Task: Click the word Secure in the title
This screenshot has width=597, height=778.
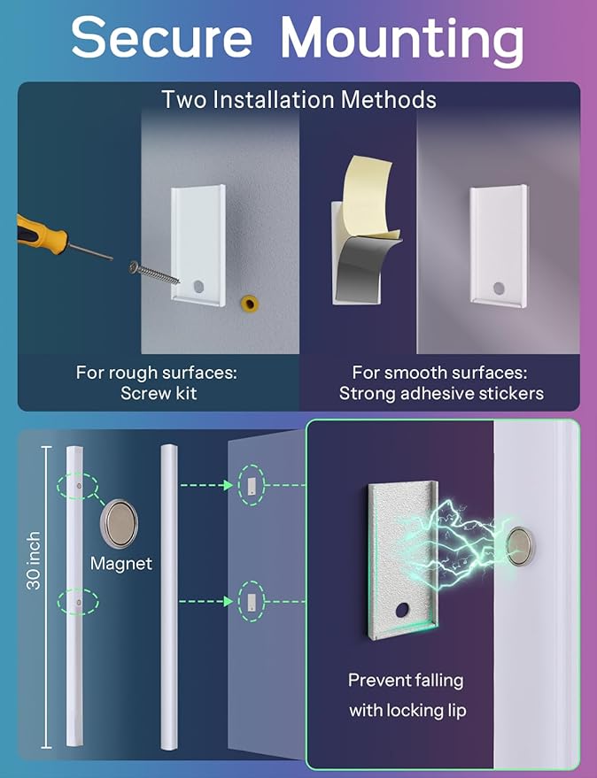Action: (162, 38)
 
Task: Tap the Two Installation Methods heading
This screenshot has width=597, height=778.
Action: (299, 99)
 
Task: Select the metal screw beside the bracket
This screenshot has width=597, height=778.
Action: (154, 273)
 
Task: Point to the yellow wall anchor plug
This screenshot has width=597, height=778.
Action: (250, 303)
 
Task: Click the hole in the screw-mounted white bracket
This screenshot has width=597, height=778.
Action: (198, 286)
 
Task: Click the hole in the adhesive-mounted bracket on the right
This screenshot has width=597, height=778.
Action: (499, 289)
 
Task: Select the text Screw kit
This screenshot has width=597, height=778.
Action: (159, 393)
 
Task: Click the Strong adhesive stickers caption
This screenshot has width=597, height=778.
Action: (441, 393)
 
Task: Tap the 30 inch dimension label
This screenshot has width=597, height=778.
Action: (34, 560)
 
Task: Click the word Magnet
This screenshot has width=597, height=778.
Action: (121, 563)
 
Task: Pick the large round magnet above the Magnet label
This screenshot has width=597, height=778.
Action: (120, 524)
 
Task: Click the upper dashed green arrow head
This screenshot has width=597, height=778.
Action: (229, 485)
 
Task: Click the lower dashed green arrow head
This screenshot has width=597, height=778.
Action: (229, 601)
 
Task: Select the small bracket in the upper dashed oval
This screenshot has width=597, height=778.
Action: (252, 486)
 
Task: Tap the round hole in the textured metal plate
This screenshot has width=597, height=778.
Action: (402, 610)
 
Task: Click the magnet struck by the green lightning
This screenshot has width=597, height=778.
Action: (520, 546)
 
